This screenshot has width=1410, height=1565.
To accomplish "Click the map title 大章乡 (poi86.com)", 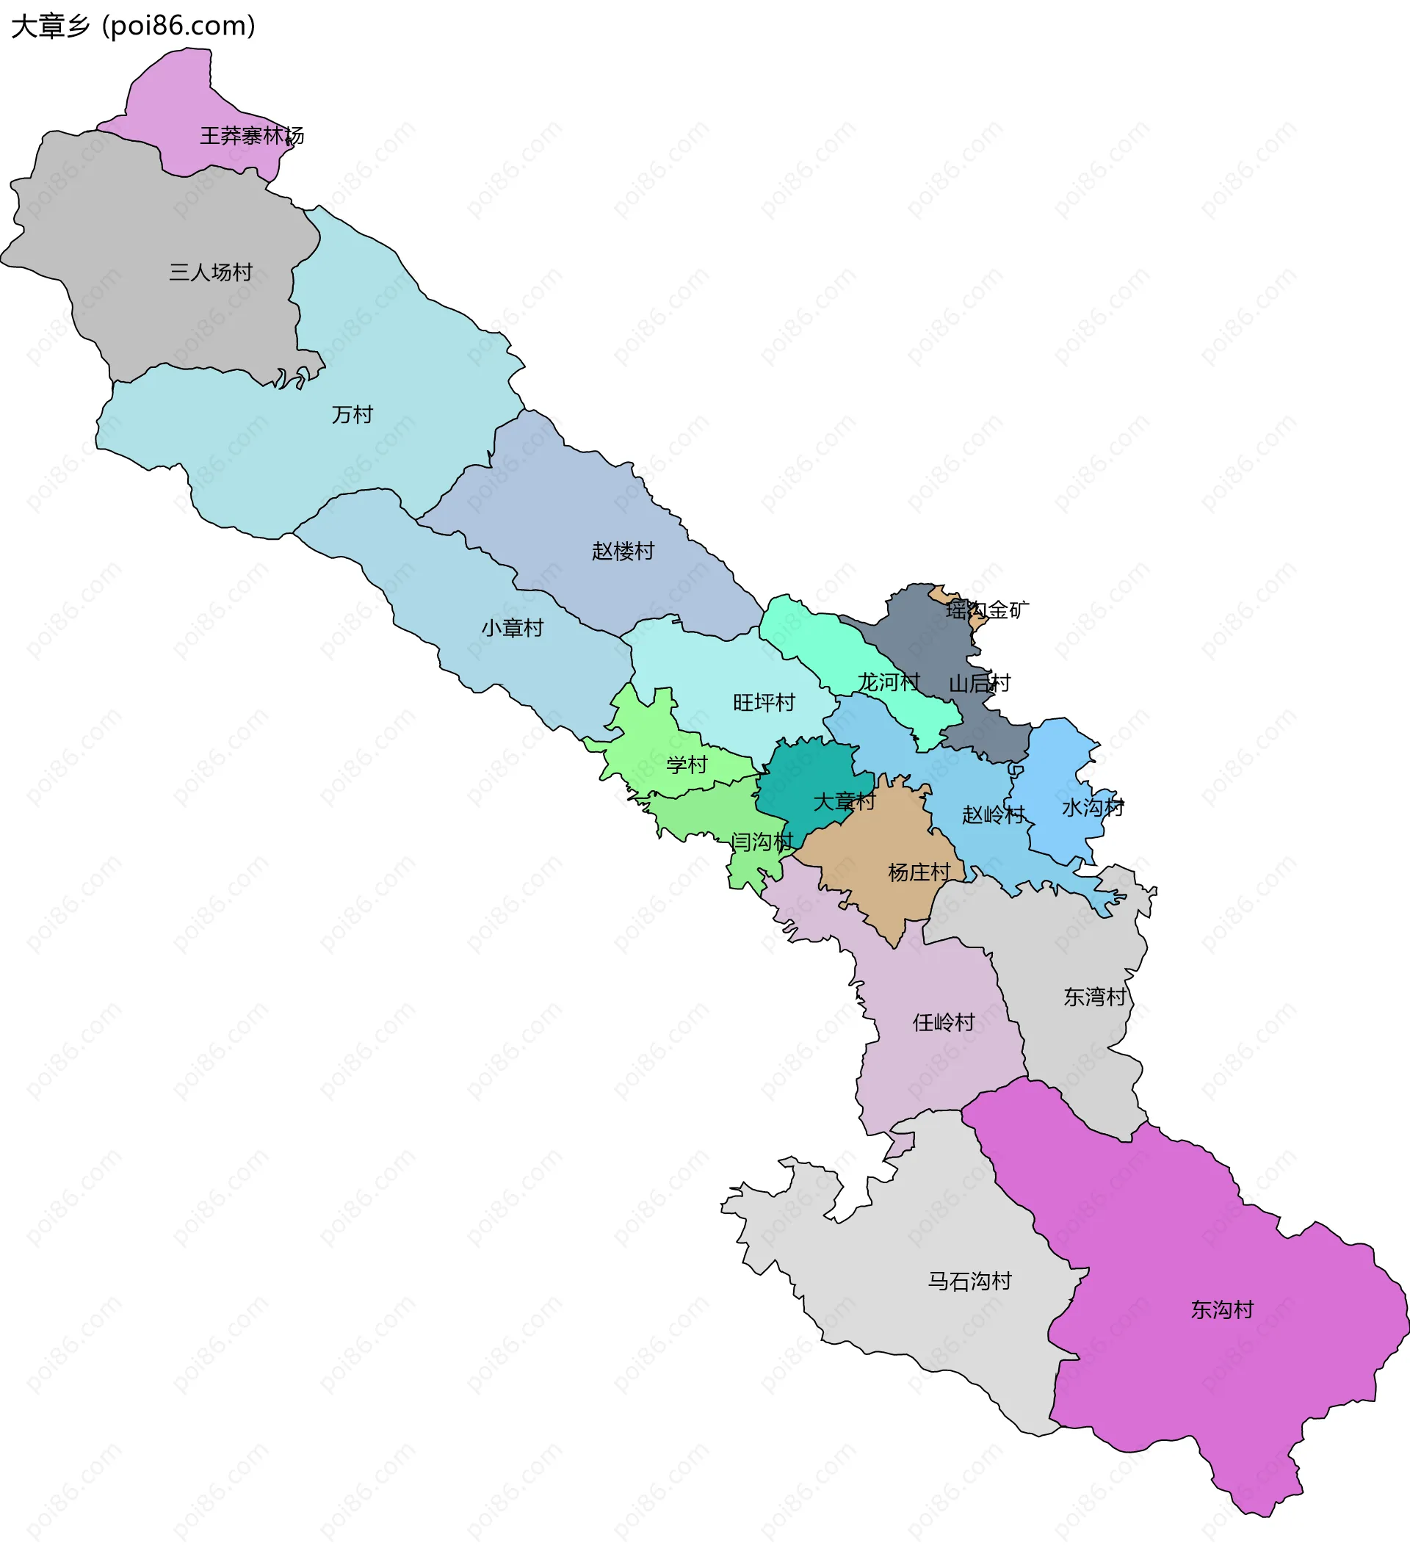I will (133, 26).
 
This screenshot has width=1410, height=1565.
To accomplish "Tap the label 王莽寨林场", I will (252, 136).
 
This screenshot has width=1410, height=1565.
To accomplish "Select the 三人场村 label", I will (211, 272).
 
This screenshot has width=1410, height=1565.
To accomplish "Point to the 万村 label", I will (352, 414).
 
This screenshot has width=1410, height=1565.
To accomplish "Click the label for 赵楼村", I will (623, 551).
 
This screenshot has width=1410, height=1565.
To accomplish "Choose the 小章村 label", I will (512, 628).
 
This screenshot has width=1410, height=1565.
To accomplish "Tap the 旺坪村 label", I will (764, 702).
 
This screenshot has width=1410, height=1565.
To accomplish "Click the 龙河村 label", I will (888, 682).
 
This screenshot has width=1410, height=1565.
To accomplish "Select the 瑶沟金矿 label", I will (987, 610).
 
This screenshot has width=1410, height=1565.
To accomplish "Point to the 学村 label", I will (687, 765).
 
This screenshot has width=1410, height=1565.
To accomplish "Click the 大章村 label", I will (844, 801).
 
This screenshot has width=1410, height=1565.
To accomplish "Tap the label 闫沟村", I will (762, 842).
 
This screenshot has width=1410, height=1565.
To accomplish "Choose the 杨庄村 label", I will (919, 872).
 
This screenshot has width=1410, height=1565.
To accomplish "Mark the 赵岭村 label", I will (993, 814).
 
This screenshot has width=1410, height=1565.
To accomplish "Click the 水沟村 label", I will (1092, 807).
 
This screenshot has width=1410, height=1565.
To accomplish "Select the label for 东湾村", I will (1095, 997).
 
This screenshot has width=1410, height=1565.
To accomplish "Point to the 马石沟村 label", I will (970, 1281).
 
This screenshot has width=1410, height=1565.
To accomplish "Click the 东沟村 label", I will (1222, 1309).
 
